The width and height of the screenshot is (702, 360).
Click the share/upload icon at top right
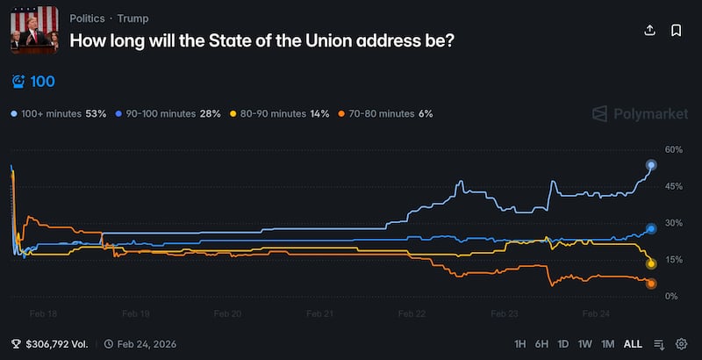(x=650, y=30)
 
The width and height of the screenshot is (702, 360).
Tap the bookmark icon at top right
(x=677, y=30)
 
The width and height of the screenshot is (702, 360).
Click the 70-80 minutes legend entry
(x=383, y=113)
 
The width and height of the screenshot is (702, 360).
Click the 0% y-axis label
(x=671, y=297)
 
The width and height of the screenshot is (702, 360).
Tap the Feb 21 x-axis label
(x=320, y=313)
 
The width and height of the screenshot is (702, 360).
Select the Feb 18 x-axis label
(x=44, y=313)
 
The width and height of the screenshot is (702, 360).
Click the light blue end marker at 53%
(x=651, y=165)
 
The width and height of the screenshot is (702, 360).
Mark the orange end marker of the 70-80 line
(x=651, y=283)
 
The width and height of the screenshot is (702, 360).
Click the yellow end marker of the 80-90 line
(x=651, y=263)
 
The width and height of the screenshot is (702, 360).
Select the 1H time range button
(x=520, y=344)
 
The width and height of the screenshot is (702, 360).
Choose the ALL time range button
(x=633, y=344)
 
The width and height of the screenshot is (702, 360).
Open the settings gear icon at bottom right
(x=681, y=344)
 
